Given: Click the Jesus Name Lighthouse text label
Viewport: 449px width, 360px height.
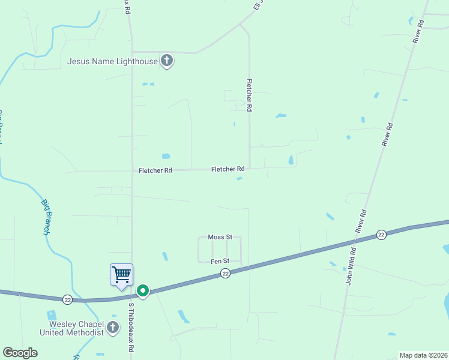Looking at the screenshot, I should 112,61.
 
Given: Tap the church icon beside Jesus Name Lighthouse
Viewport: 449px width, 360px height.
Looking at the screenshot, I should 167,61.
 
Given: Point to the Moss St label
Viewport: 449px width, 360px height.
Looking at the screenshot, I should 220,237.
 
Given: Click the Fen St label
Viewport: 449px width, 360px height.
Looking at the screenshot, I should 220,261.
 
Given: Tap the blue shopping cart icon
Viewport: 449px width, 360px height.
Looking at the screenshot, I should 121,275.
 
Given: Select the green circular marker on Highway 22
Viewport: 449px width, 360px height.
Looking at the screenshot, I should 143,291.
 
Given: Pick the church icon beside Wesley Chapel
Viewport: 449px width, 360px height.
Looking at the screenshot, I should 113,328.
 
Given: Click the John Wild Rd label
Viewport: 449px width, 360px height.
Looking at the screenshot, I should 352,266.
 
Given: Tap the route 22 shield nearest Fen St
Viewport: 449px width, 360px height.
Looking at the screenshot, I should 225,274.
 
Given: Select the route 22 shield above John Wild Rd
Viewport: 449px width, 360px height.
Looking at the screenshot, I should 381,234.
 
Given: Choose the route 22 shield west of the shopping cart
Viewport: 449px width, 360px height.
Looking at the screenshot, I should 67,298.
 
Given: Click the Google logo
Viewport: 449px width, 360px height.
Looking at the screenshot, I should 20,353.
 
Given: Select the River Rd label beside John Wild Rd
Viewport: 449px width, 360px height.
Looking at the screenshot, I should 361,221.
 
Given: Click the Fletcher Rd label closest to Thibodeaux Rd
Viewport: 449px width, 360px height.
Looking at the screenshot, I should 155,170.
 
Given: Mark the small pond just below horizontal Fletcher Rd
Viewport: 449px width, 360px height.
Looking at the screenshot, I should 240,178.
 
